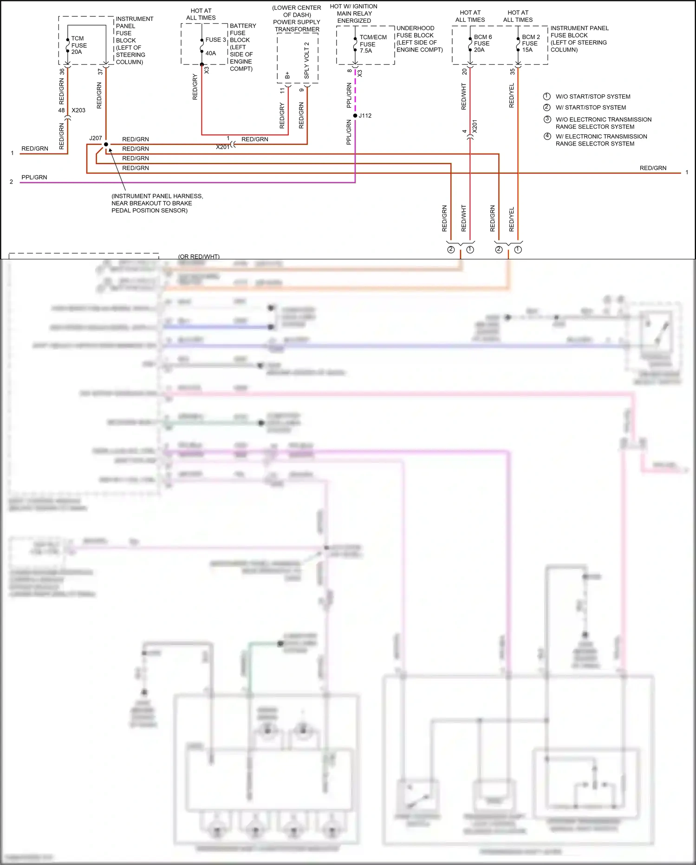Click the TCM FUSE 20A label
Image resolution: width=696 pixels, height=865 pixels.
78,45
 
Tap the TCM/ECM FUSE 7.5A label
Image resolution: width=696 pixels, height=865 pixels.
372,44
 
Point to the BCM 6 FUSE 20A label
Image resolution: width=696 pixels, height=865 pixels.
482,43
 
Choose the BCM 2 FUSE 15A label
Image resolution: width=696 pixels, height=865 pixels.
530,43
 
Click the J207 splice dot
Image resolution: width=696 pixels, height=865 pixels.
106,145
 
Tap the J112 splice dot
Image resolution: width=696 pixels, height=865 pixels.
355,116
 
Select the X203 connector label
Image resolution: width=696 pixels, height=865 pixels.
78,110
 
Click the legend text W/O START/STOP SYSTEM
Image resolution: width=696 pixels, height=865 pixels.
592,97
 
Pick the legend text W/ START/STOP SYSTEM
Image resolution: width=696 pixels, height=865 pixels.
590,107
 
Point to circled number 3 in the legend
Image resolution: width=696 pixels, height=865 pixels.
547,119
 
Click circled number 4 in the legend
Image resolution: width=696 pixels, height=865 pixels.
547,136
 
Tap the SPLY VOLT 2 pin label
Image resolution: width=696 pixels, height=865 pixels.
306,60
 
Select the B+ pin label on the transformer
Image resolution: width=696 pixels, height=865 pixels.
287,75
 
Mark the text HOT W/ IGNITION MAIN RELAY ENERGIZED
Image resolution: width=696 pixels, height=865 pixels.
354,13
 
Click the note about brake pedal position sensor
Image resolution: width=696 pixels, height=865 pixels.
157,203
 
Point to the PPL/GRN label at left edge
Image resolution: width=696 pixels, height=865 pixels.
34,177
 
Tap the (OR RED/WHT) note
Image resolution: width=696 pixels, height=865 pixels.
199,257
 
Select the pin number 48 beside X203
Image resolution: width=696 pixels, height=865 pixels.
61,110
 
